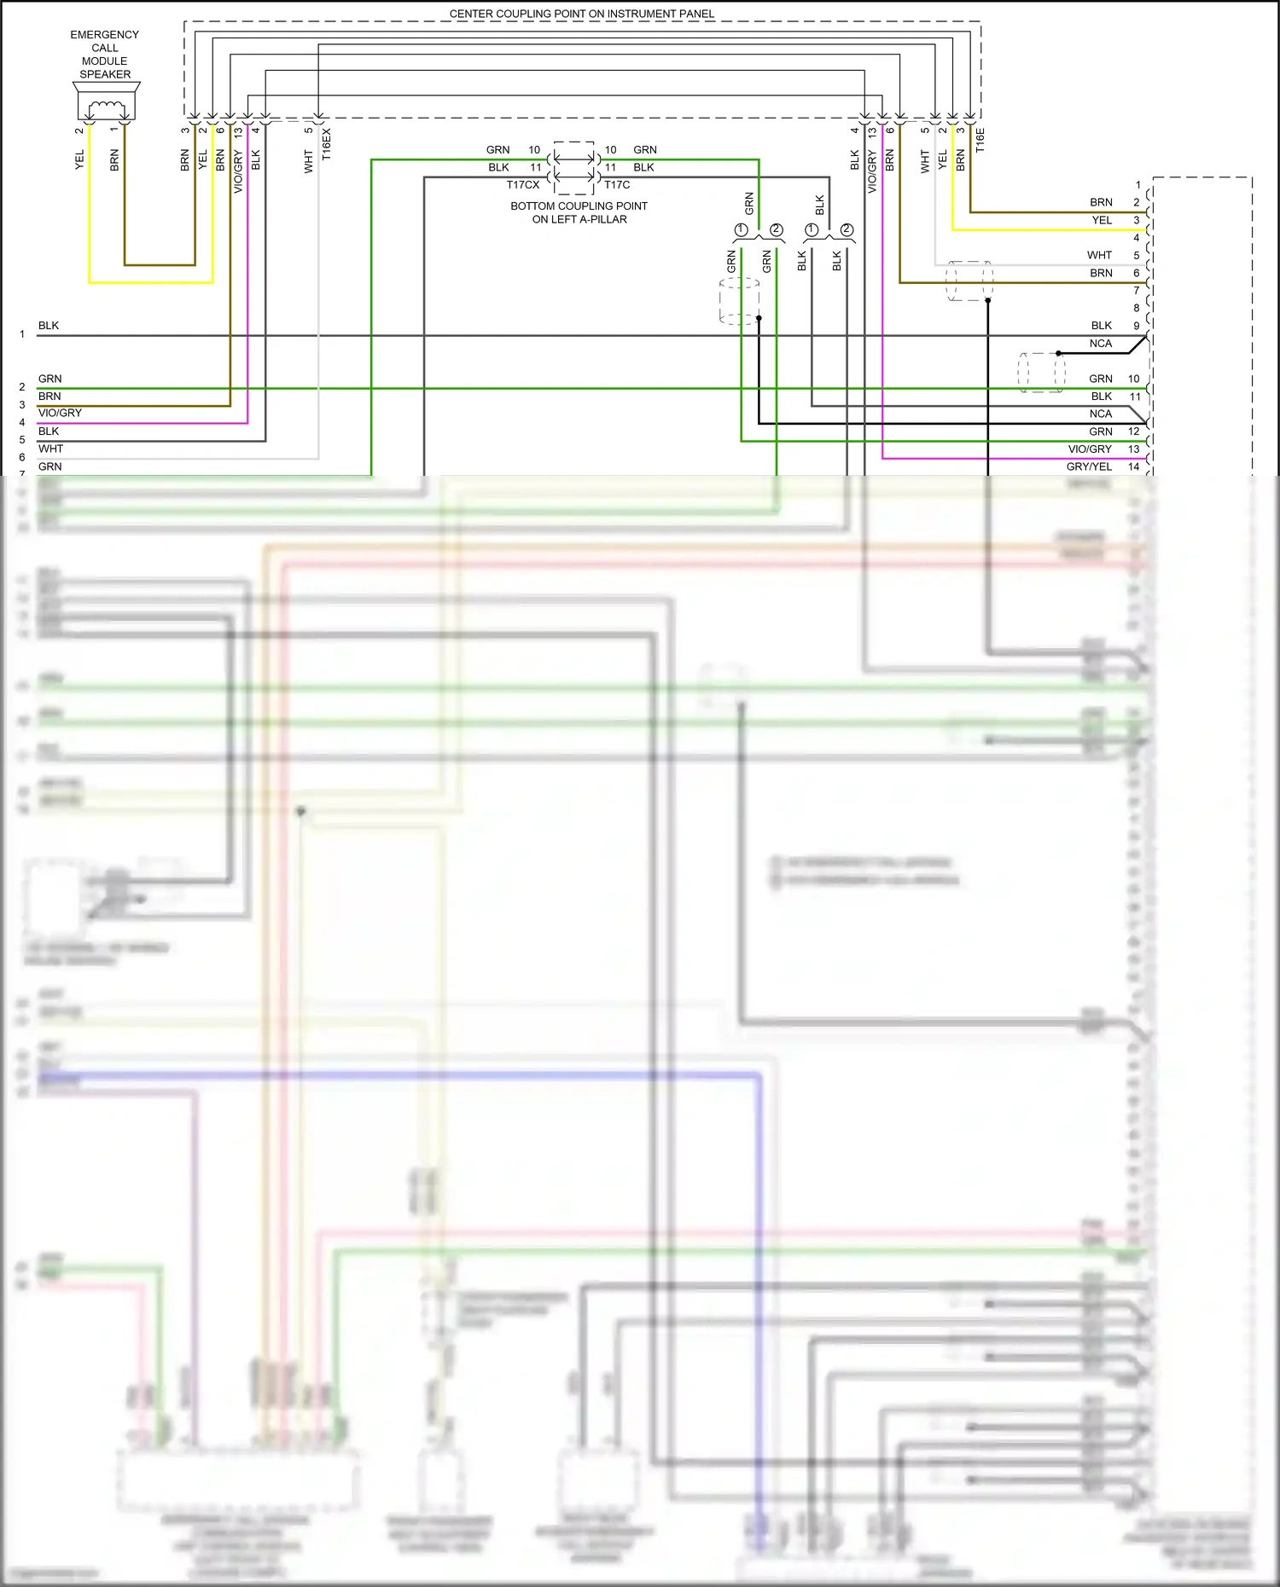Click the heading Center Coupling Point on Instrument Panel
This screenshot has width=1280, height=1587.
pos(581,14)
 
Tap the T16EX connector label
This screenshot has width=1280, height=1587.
pos(326,144)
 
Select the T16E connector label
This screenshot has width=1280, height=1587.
pos(980,140)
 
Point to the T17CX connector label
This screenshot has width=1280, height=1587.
pos(522,185)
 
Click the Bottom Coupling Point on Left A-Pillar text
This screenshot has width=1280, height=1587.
pos(579,212)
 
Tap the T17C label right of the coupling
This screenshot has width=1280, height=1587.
pos(617,185)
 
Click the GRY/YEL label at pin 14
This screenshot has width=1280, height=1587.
pos(1089,466)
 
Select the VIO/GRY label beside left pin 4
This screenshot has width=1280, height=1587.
pos(60,413)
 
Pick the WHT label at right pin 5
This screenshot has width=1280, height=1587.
pos(1099,255)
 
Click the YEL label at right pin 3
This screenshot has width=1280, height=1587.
pos(1102,220)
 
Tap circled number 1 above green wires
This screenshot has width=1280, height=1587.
pos(741,230)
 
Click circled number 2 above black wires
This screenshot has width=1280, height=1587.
pos(847,230)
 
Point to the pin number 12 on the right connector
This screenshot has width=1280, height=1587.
pos(1133,432)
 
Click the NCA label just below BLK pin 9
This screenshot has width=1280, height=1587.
pos(1100,344)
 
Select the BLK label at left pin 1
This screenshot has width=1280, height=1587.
pos(49,326)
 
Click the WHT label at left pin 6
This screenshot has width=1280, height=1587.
pos(50,449)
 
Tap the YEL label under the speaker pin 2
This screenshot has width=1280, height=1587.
pos(79,159)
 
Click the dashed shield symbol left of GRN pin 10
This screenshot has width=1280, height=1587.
pos(1041,372)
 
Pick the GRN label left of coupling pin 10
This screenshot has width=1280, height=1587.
pos(497,150)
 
